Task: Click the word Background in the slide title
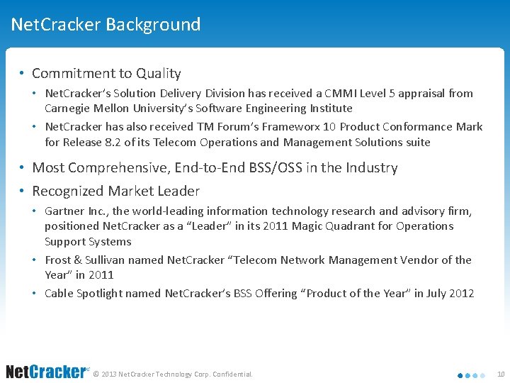(153, 25)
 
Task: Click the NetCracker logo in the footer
(45, 372)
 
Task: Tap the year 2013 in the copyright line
(110, 374)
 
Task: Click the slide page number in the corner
(500, 374)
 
